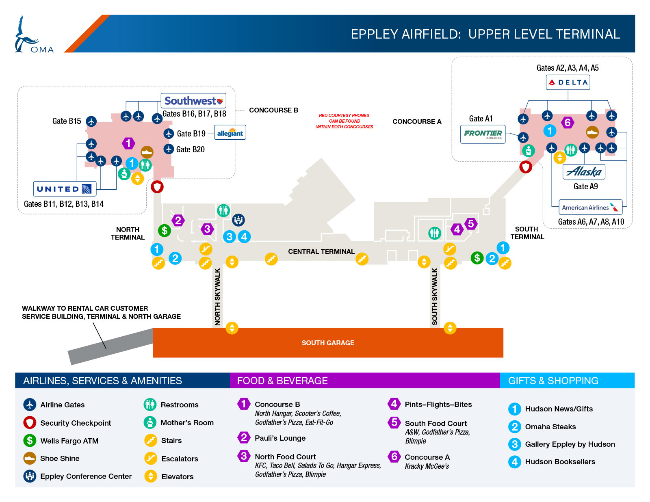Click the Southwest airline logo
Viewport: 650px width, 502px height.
(193, 101)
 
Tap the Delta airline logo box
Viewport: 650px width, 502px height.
(568, 82)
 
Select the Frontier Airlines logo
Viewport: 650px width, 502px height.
(483, 134)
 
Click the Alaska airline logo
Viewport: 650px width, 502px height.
(584, 172)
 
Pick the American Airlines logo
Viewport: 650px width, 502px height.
(590, 207)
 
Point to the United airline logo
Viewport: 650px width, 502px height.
(65, 189)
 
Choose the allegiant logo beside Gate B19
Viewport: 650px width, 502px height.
(230, 132)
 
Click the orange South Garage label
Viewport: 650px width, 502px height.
(328, 343)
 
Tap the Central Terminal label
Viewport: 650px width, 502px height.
(321, 251)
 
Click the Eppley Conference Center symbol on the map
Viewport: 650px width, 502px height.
(238, 220)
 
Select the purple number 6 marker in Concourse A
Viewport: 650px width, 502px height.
(568, 122)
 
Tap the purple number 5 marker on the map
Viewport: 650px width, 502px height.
(471, 224)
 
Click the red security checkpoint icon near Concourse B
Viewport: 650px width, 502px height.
(157, 187)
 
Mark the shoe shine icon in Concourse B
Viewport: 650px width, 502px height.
(147, 152)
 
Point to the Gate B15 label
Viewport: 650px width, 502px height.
(66, 121)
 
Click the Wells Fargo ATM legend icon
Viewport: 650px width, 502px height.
(30, 440)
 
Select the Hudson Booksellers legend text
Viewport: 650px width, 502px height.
(560, 462)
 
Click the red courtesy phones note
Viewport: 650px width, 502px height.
(344, 121)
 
